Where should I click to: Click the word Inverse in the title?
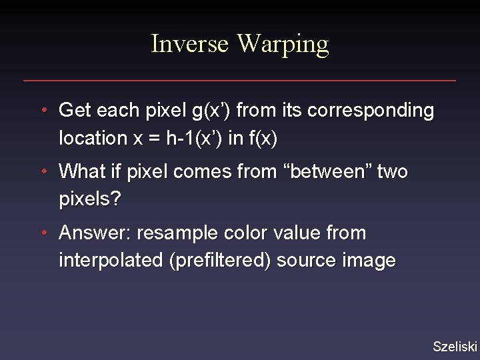[191, 44]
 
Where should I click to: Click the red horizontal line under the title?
[240, 81]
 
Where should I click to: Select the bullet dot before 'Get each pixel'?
[43, 110]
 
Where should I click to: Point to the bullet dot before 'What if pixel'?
[43, 171]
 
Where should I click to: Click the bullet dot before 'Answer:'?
[43, 233]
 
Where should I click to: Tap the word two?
[392, 171]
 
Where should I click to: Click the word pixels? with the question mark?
[90, 199]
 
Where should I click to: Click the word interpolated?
[111, 261]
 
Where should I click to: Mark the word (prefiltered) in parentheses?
[220, 261]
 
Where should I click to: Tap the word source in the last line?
[305, 261]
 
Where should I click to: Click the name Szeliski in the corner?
[455, 346]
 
